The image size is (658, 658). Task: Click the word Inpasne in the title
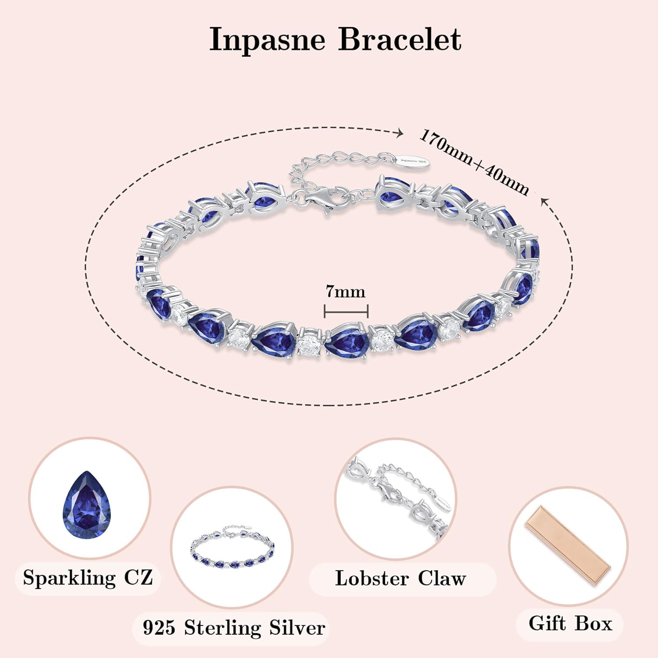coord(267,40)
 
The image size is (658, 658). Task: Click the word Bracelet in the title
coord(400,40)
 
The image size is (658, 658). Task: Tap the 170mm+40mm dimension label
coord(474,162)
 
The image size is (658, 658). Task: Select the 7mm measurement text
coord(345,292)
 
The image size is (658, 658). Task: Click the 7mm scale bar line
coord(346,311)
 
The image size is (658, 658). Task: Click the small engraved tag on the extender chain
coord(414,161)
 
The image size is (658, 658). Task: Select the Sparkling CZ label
coord(88,577)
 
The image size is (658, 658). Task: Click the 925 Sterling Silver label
coord(233,628)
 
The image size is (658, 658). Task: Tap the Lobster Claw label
coord(400,578)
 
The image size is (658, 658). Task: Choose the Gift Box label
coord(570,623)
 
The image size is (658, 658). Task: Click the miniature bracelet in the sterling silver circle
coord(232,548)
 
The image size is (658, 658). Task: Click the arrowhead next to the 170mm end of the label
coord(399,133)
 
